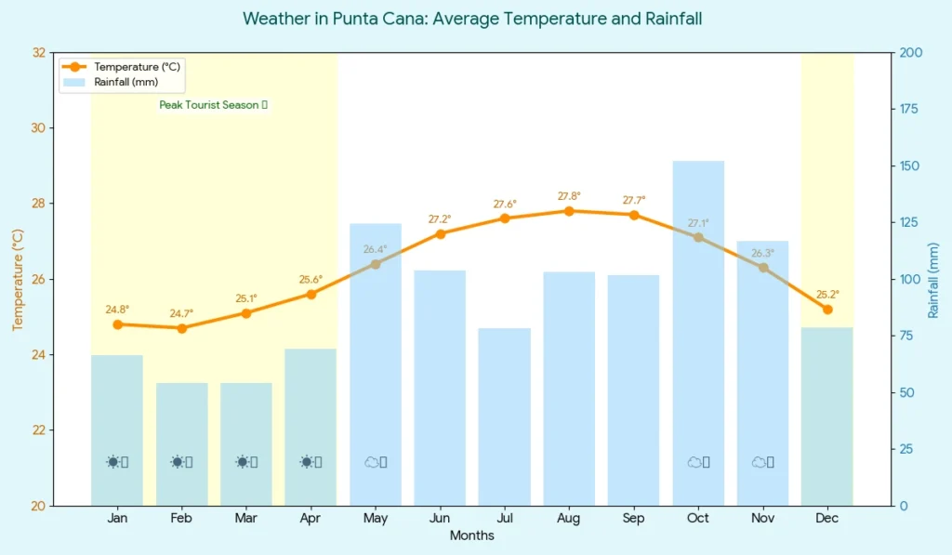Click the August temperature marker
tap(569, 211)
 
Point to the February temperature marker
tap(182, 328)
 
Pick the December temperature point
tap(827, 310)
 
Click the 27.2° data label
tap(440, 219)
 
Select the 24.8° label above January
tap(117, 310)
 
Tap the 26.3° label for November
tap(762, 253)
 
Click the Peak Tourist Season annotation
tap(213, 105)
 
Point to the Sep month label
tap(633, 519)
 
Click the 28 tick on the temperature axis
tap(39, 204)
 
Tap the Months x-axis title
tap(471, 536)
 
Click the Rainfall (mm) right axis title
tap(933, 280)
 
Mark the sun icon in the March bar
tap(243, 462)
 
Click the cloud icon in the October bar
tap(694, 462)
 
